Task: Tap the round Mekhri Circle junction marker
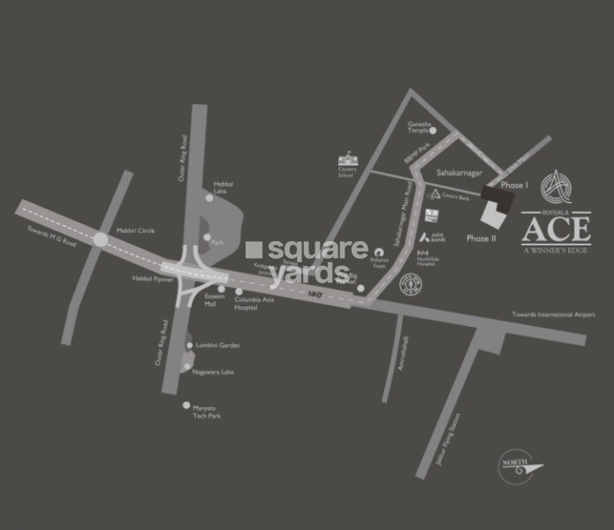click(x=100, y=239)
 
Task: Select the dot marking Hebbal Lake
click(x=209, y=199)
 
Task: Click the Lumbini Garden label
click(x=218, y=345)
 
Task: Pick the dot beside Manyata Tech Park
click(x=186, y=405)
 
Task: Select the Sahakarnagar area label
click(x=458, y=175)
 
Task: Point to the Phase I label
click(x=513, y=185)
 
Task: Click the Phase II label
click(x=481, y=238)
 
